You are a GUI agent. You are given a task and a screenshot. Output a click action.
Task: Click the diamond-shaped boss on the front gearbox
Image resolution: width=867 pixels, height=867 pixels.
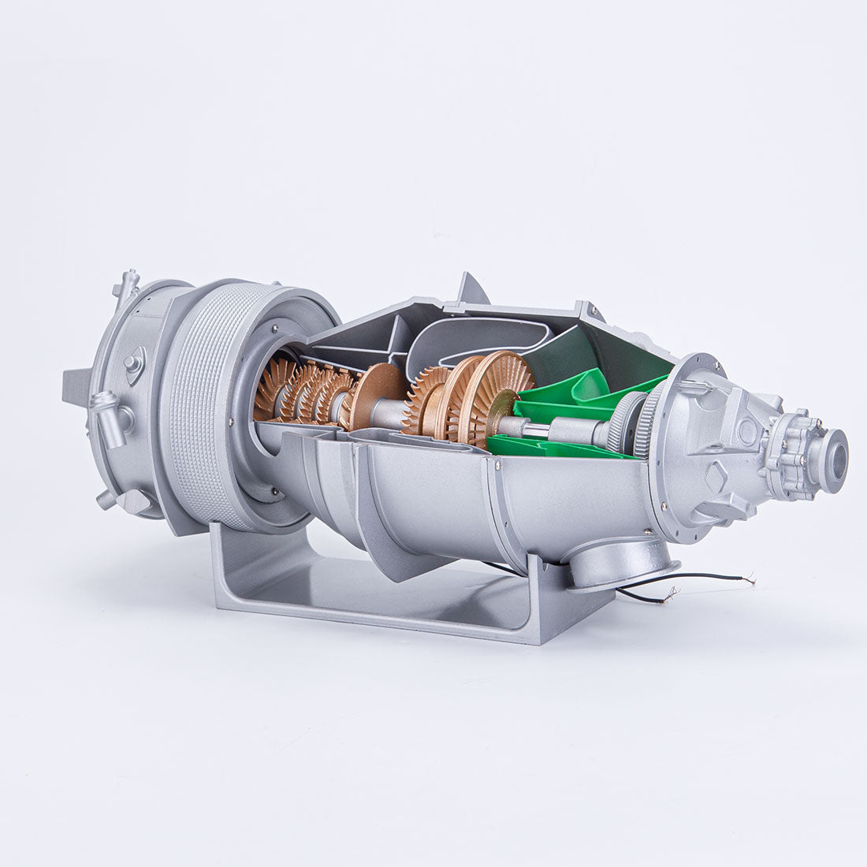tap(718, 476)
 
